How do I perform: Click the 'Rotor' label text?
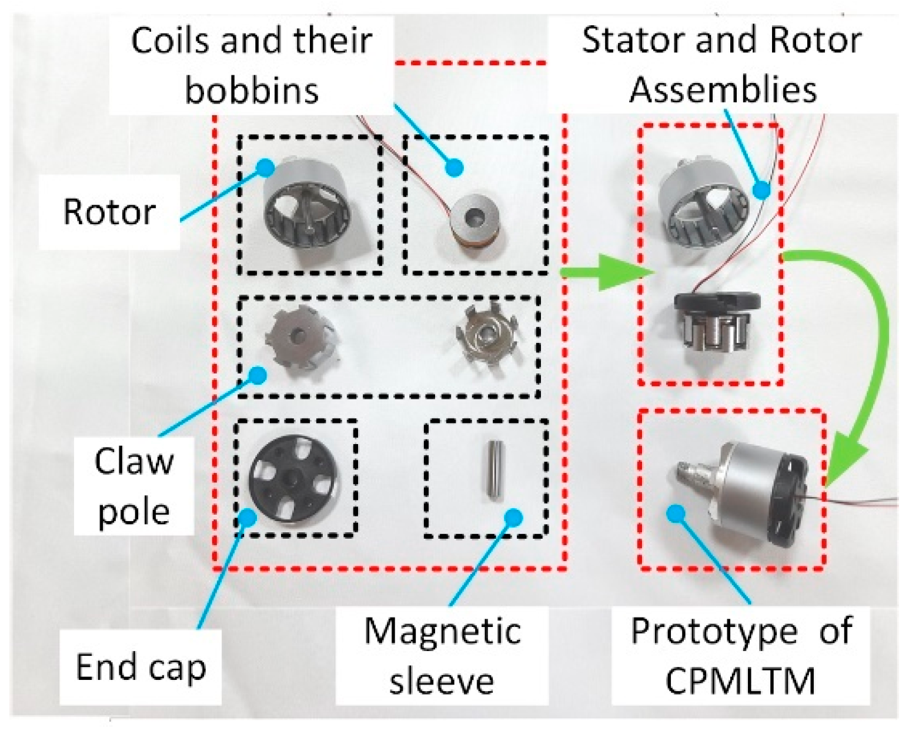[109, 212]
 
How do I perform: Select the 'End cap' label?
[141, 668]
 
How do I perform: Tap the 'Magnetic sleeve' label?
[442, 656]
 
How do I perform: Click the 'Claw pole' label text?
[134, 486]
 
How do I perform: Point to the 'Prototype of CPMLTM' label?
[741, 656]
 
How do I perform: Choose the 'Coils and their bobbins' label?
[252, 65]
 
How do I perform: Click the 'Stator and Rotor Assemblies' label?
[722, 65]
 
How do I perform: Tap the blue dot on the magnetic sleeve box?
[514, 516]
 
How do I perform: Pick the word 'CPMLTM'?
[741, 681]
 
